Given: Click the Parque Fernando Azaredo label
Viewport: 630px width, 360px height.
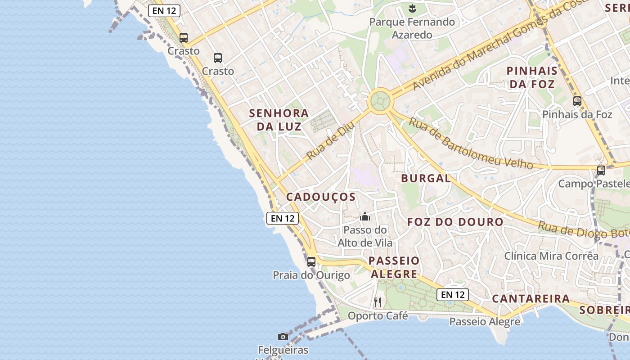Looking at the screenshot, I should tap(412, 28).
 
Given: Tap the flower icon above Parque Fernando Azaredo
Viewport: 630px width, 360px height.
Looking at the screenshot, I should tap(412, 8).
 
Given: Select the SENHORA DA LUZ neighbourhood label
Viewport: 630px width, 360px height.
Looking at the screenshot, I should tap(279, 120).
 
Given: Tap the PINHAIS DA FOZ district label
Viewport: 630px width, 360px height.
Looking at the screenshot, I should tap(532, 77).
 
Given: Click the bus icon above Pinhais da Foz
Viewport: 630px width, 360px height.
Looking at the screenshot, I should tap(577, 101).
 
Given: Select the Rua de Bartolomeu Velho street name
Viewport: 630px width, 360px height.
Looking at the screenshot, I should tap(471, 144).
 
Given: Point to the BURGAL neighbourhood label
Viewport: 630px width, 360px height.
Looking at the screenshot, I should tap(426, 178).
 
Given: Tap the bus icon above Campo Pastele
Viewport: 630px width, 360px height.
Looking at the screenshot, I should tap(601, 171).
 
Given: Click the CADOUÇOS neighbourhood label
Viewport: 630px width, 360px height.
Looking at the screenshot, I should tap(321, 197).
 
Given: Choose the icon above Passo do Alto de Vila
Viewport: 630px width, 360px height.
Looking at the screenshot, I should tap(365, 217).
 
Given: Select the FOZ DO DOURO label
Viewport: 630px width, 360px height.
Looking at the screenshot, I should tap(455, 222).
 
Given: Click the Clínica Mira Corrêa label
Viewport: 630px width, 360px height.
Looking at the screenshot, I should tap(551, 256).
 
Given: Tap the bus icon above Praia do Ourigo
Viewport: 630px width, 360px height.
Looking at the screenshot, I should tap(311, 261).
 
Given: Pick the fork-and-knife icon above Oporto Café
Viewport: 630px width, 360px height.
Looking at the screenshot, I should tap(378, 302).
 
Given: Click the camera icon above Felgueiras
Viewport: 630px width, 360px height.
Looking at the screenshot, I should tap(283, 337).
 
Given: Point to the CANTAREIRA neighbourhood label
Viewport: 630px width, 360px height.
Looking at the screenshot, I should tap(531, 299).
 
